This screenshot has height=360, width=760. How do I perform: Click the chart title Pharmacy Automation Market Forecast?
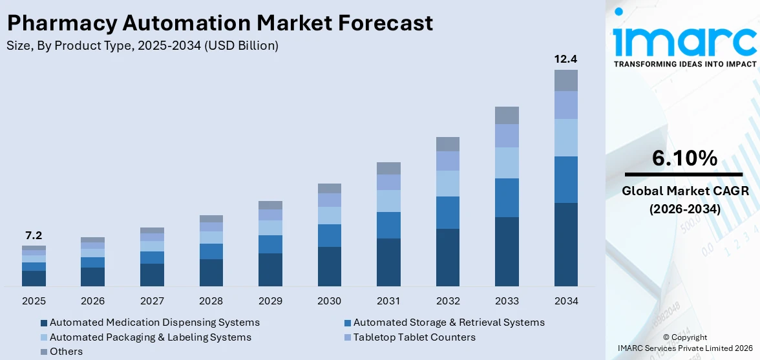(x=220, y=23)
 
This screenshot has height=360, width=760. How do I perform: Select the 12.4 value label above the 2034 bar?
(x=565, y=59)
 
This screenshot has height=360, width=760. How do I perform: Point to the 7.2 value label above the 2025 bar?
(x=34, y=235)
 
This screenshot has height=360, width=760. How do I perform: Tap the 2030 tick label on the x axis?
(x=330, y=301)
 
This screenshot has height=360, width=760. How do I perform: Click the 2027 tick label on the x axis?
(x=152, y=301)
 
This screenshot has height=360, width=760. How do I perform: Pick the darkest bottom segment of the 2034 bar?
(x=565, y=244)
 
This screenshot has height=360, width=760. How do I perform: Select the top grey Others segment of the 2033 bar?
(x=507, y=115)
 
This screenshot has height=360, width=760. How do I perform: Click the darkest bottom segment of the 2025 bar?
(x=34, y=278)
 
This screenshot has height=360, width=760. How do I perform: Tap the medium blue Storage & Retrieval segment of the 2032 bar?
(x=448, y=213)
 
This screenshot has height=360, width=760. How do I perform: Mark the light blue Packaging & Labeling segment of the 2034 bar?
(x=565, y=138)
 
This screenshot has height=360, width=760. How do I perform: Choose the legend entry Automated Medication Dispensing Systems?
(x=154, y=323)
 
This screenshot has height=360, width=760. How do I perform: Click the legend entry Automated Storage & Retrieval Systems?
(x=449, y=323)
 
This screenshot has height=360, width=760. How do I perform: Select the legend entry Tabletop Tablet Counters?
(x=414, y=337)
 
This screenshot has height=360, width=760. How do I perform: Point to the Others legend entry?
(x=66, y=352)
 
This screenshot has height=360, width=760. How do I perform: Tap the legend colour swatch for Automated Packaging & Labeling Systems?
(x=43, y=337)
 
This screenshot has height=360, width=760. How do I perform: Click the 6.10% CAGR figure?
(x=684, y=158)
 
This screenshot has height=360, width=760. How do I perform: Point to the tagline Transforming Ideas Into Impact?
(x=684, y=64)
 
